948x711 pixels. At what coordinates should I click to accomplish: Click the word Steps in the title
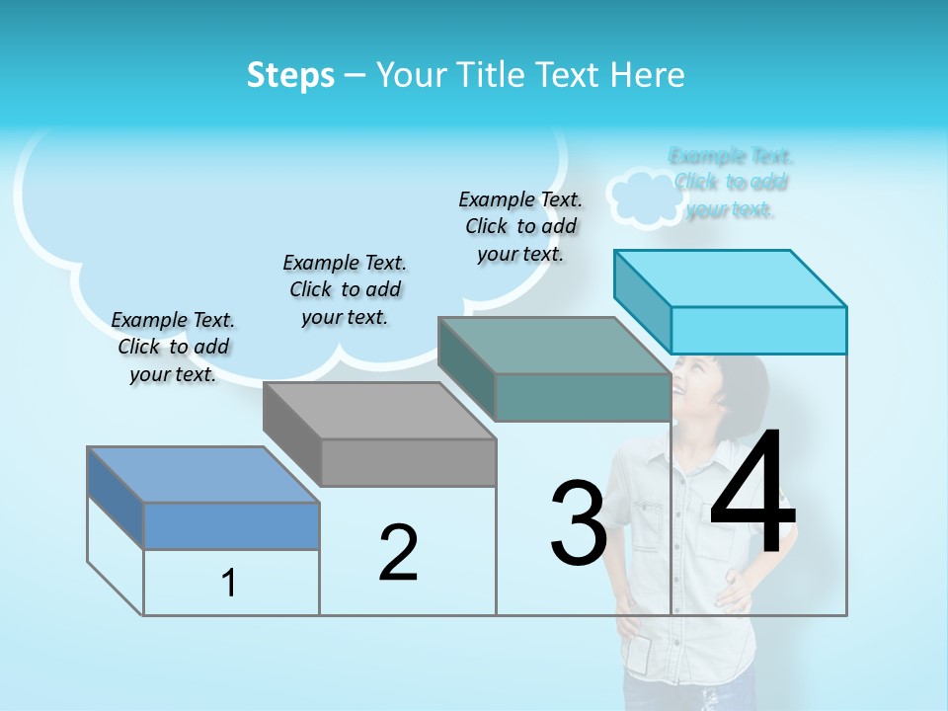290,75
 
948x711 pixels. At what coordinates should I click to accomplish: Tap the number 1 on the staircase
229,584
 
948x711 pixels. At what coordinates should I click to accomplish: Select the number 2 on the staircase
398,553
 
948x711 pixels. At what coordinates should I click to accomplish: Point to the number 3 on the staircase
578,523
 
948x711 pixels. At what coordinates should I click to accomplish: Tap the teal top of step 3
553,346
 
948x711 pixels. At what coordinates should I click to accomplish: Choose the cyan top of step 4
731,278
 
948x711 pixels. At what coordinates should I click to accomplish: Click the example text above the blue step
173,347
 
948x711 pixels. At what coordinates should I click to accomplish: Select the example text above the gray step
345,289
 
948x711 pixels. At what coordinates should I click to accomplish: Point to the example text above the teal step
520,226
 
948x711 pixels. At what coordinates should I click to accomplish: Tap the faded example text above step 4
731,183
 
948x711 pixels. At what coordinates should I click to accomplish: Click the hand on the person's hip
730,592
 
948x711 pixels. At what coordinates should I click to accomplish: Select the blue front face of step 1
231,525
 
